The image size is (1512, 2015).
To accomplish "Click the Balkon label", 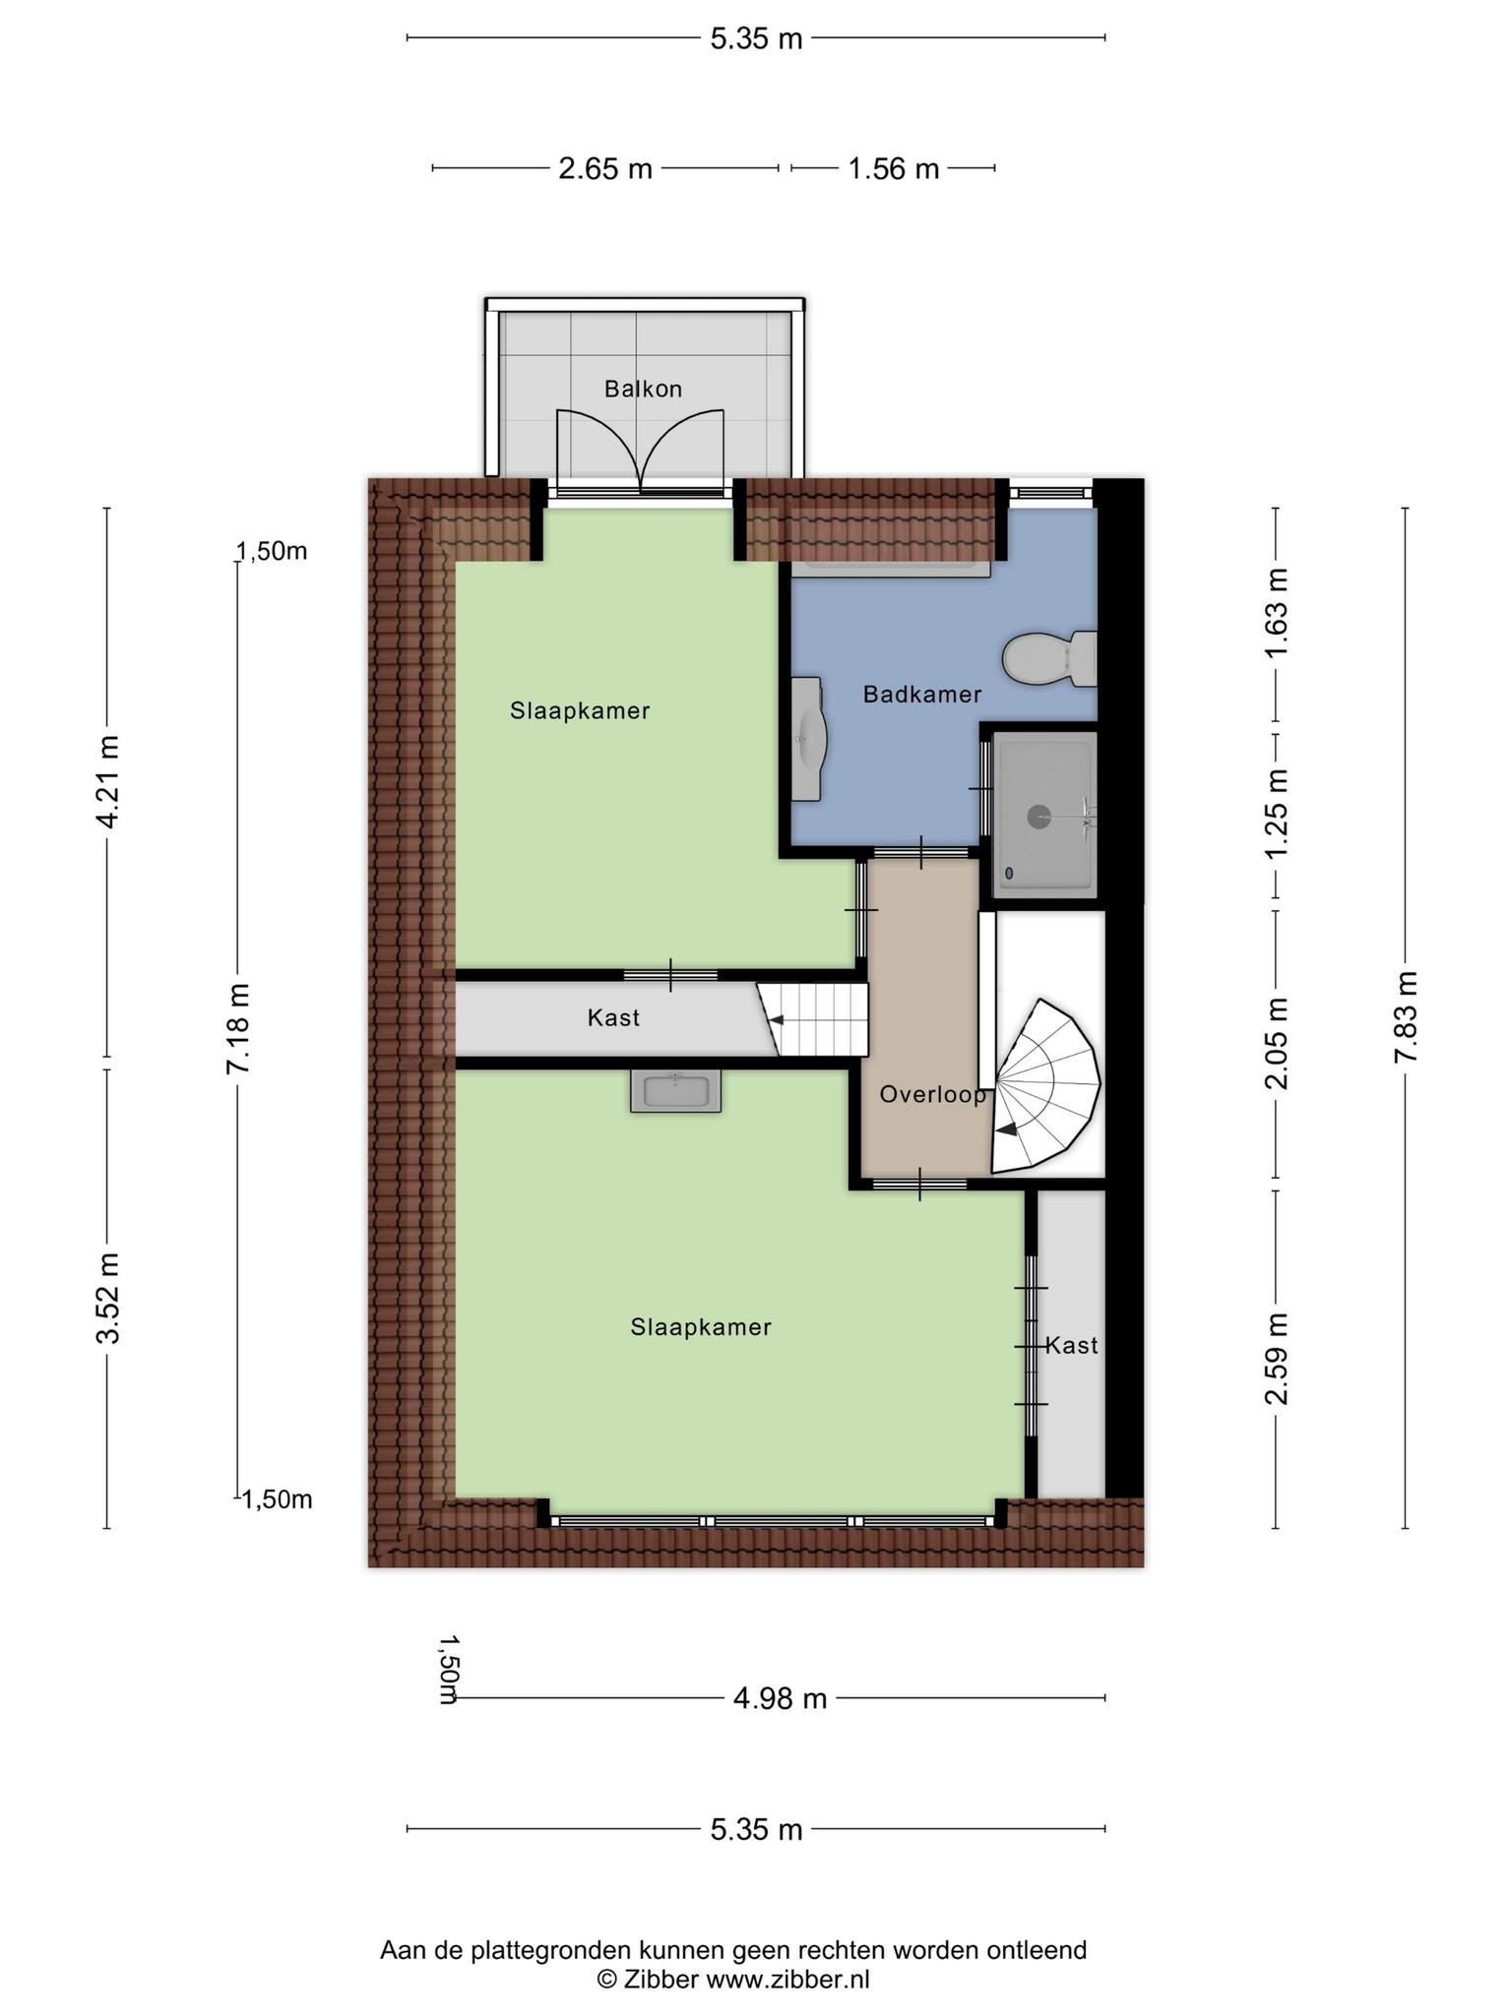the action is (x=643, y=389).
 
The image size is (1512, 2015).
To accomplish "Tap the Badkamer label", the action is (x=922, y=695).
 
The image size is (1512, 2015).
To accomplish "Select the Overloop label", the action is (x=932, y=1094).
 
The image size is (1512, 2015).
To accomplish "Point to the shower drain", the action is (x=1039, y=816).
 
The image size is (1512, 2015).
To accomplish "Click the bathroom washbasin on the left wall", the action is (x=808, y=738).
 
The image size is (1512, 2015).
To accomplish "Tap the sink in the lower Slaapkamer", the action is (x=675, y=1091).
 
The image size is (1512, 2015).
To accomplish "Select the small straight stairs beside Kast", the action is (x=813, y=1019).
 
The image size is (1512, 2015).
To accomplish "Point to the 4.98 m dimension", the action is (x=780, y=1698).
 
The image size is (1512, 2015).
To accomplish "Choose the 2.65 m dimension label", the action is (x=605, y=169).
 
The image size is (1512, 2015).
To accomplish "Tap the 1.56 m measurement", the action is (x=894, y=169).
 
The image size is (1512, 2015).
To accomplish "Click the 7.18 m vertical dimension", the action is (x=237, y=1027).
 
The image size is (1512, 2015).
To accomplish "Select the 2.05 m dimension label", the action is (x=1277, y=1044).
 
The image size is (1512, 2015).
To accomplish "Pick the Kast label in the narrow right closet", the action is (x=1071, y=1345).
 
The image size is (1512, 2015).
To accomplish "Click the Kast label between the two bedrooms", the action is (x=613, y=1017).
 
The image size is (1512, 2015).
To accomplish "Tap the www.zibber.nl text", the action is (x=787, y=1980).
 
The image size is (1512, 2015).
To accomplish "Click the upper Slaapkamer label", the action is (x=580, y=710).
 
